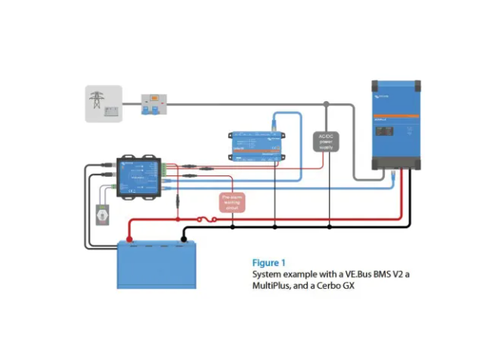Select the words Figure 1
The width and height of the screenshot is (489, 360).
pos(268,262)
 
